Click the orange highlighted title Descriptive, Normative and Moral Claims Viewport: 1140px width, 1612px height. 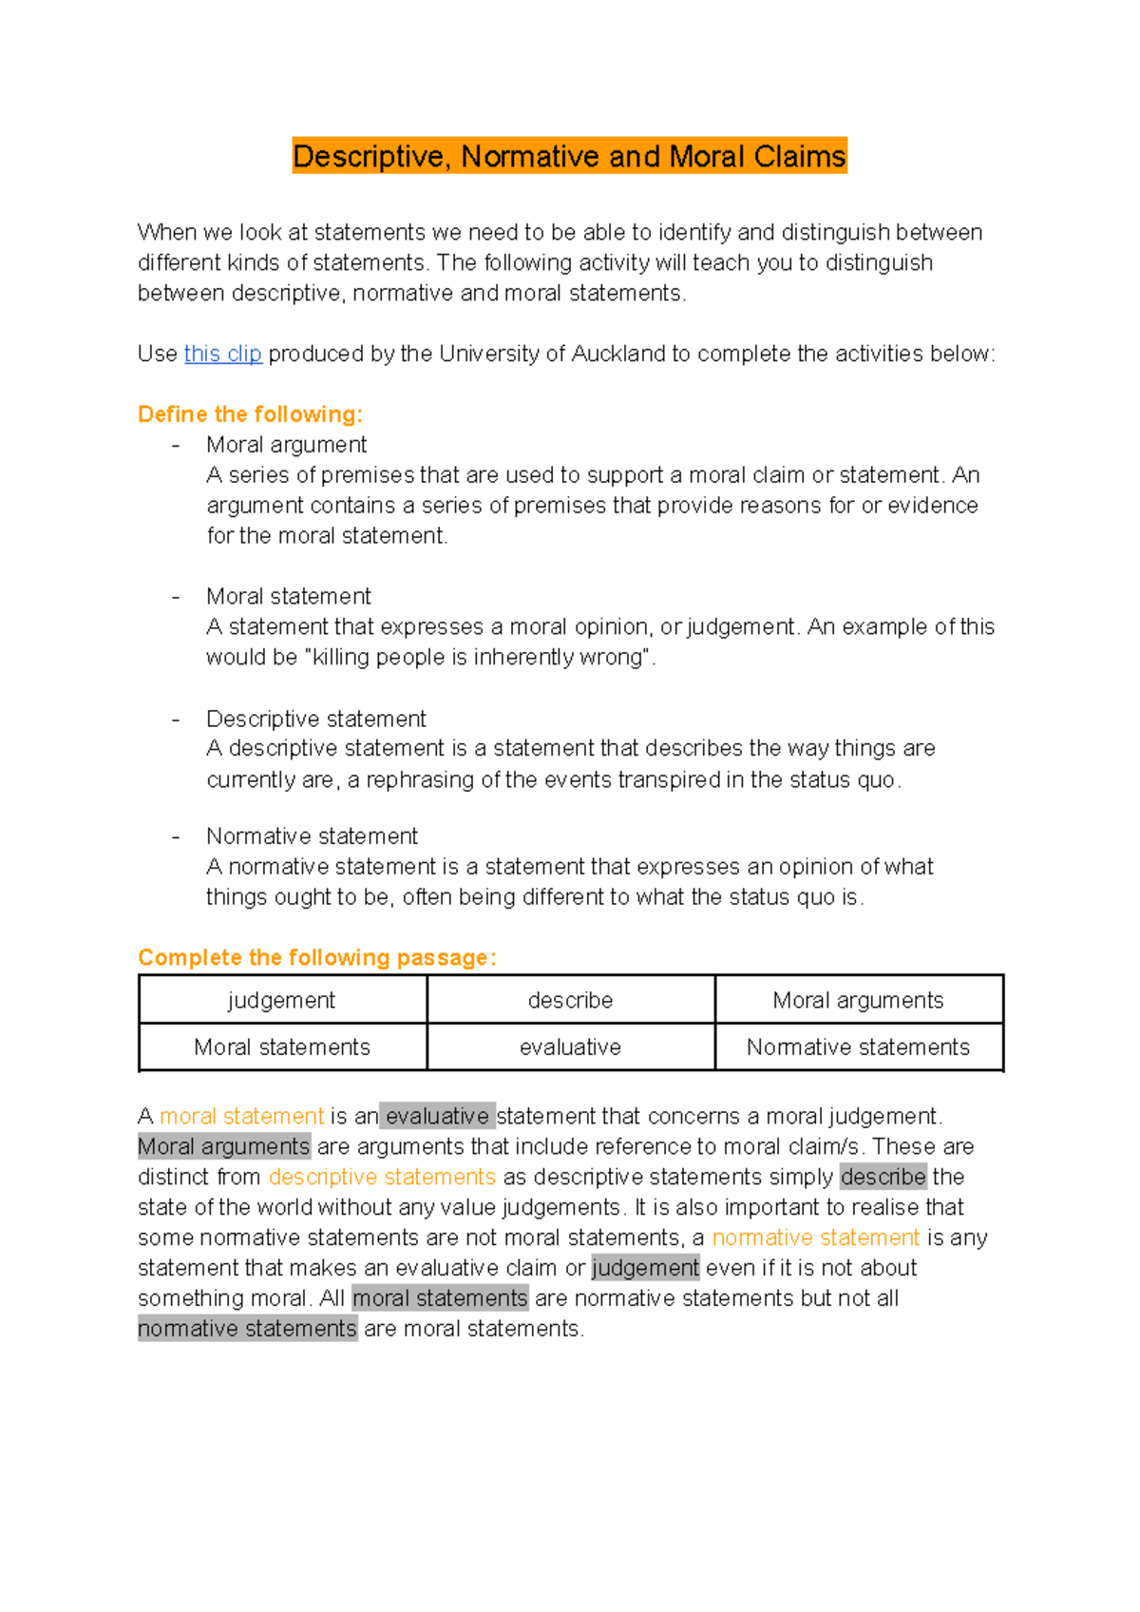(569, 156)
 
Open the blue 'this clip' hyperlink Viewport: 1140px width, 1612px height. (222, 354)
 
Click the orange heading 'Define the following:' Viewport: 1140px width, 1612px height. (250, 414)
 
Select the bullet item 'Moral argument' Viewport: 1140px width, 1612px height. (286, 445)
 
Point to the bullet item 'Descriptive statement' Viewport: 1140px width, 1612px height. (315, 719)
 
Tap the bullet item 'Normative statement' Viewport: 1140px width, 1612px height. (312, 836)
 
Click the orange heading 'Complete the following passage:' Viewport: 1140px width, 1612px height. (316, 958)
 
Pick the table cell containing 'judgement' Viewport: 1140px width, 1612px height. (282, 1000)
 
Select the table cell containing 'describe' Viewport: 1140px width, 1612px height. (570, 1000)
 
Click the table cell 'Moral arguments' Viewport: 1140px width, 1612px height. (858, 1000)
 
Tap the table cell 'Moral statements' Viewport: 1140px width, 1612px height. (282, 1047)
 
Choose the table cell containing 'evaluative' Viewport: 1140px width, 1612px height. (570, 1047)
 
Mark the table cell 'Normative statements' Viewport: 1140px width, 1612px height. (858, 1047)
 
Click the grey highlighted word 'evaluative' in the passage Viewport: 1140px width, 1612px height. (437, 1116)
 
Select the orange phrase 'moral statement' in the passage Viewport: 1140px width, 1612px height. (241, 1116)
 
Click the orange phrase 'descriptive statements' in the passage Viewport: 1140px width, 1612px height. (382, 1177)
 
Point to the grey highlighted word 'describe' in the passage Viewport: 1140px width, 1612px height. (883, 1177)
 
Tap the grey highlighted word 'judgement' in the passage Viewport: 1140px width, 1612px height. (645, 1268)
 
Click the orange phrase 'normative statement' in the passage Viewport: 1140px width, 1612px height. (815, 1238)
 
